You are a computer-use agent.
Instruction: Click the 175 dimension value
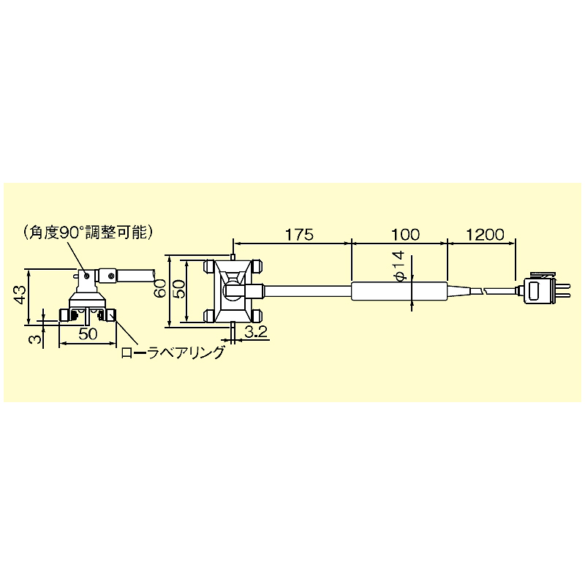298,235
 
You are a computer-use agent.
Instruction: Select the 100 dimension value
405,235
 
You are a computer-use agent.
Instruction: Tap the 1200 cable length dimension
484,235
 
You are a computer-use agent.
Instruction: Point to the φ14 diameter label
399,265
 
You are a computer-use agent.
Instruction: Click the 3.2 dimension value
255,333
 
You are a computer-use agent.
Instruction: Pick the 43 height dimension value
20,296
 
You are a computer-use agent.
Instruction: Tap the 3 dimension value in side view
31,339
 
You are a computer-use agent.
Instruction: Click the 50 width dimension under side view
88,334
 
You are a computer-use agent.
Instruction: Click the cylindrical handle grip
399,291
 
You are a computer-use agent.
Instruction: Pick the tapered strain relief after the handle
458,291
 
